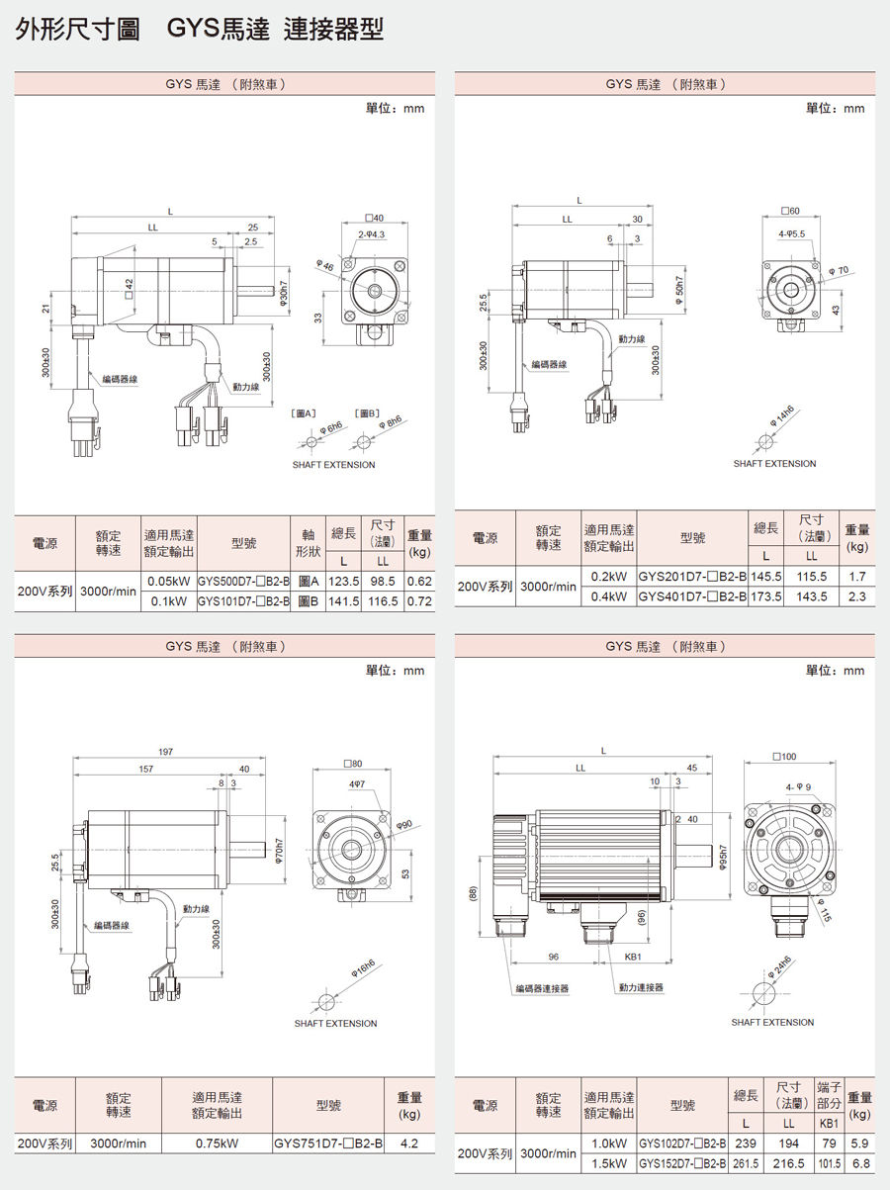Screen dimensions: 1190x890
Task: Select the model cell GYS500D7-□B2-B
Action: click(242, 582)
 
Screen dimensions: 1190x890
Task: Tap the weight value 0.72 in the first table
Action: click(419, 600)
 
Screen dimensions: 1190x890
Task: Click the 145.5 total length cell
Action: click(766, 576)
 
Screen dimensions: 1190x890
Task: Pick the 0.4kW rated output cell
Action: click(608, 596)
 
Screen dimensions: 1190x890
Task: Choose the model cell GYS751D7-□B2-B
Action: click(327, 1144)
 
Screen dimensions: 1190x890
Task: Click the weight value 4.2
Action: click(409, 1144)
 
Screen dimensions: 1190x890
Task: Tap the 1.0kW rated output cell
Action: click(608, 1144)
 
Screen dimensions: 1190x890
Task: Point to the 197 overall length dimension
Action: click(165, 753)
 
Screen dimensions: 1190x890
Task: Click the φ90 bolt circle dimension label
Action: click(403, 824)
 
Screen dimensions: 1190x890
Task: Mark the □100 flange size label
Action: click(783, 757)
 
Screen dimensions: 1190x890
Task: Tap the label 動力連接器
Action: click(641, 988)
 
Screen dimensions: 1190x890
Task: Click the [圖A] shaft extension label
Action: click(303, 412)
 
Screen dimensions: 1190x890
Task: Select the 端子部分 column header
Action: click(829, 1095)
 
